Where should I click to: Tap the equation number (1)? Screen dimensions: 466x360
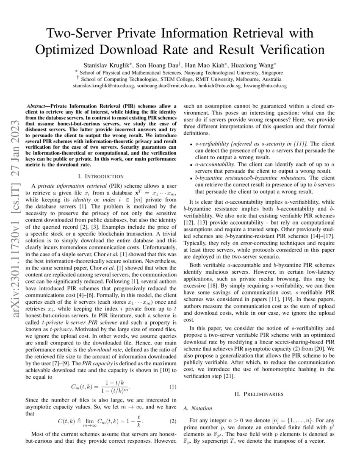(x=173, y=387)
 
